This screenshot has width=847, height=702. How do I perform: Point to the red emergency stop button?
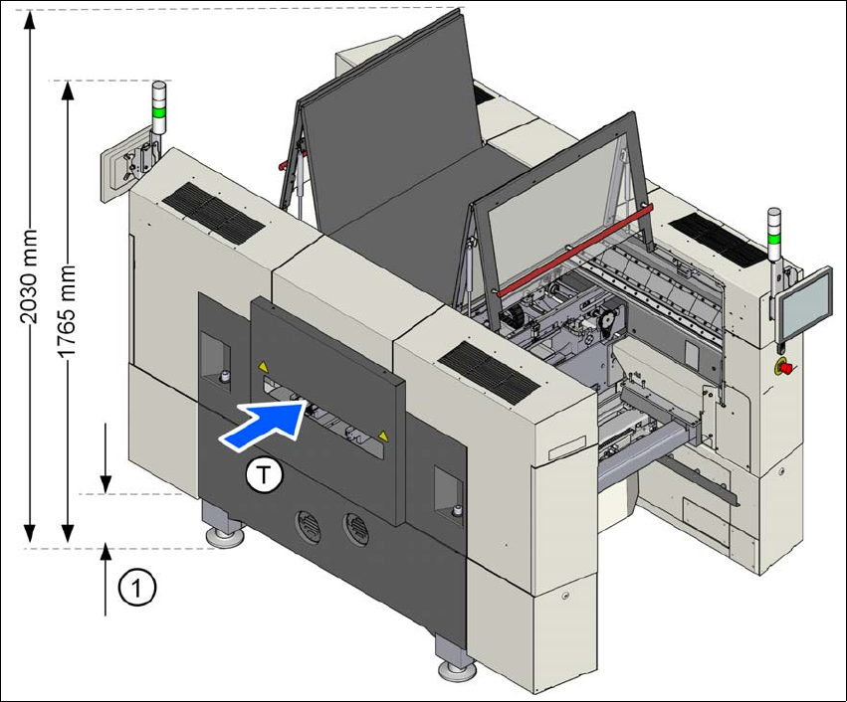784,368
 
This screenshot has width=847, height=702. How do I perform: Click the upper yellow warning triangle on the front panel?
263,366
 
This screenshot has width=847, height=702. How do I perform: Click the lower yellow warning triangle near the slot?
381,436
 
